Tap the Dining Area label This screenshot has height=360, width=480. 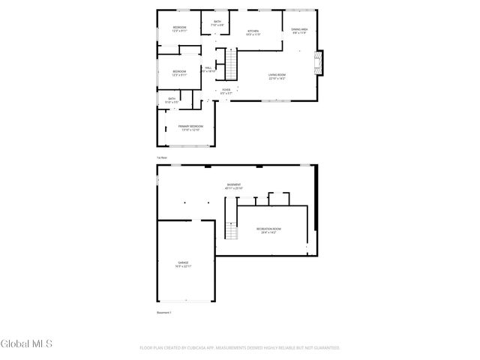click(x=299, y=31)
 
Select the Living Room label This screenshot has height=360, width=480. click(x=277, y=76)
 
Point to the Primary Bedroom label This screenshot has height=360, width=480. click(x=190, y=127)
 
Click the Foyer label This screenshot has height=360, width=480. click(x=226, y=91)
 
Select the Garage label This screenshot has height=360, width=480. click(x=182, y=264)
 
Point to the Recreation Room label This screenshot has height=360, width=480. click(x=268, y=230)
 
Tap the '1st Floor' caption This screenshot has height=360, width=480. click(x=160, y=157)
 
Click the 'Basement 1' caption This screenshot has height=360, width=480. click(x=164, y=312)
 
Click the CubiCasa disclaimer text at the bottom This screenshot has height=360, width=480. click(x=239, y=348)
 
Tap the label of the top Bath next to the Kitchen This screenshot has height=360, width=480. click(x=217, y=24)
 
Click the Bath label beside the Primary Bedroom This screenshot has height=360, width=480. click(x=172, y=100)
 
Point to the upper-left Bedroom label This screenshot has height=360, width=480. click(x=179, y=29)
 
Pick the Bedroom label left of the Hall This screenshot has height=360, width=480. click(x=178, y=73)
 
